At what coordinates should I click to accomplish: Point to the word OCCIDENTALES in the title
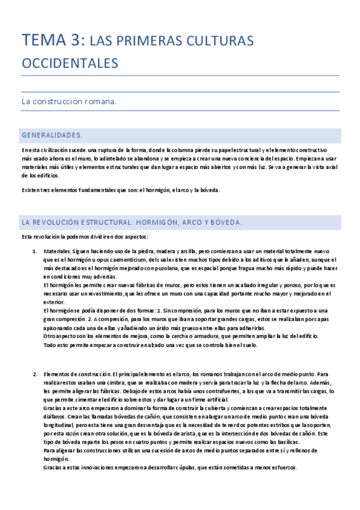70,63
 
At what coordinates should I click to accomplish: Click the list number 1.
34,250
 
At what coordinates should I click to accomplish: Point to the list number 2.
34,375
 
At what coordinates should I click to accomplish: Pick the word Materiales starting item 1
57,250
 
